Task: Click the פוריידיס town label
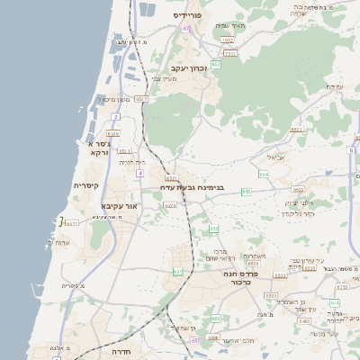pos(191,15)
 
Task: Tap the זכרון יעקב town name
pos(189,67)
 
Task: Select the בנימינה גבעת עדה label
pos(192,187)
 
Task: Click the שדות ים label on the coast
pos(62,243)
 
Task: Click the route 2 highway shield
pos(115,117)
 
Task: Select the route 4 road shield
pos(140,173)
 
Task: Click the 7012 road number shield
pos(228,40)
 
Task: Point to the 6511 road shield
pos(297,129)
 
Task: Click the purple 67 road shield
pos(185,29)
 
